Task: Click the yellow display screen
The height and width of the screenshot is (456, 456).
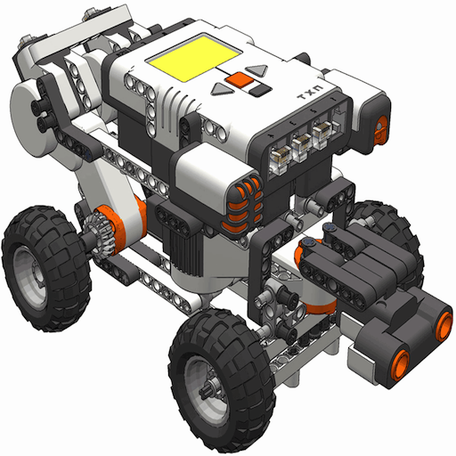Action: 193,58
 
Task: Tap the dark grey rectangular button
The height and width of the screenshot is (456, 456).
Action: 260,89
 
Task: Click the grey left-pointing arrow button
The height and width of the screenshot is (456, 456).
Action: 223,89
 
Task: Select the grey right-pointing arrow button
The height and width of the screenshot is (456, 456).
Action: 257,70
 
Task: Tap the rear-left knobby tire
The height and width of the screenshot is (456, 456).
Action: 45,269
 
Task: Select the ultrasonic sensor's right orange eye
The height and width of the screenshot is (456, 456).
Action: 444,326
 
